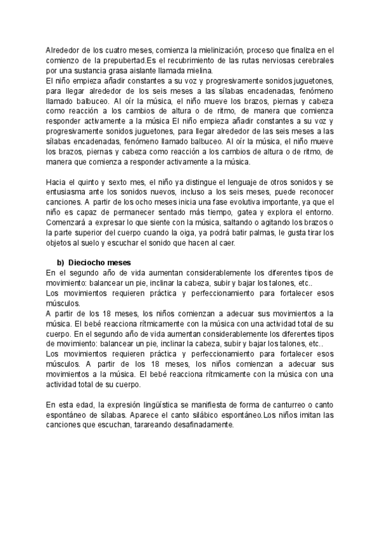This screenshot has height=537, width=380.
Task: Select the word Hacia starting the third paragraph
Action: [x=58, y=183]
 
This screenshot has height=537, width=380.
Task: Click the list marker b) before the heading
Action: [x=61, y=263]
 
